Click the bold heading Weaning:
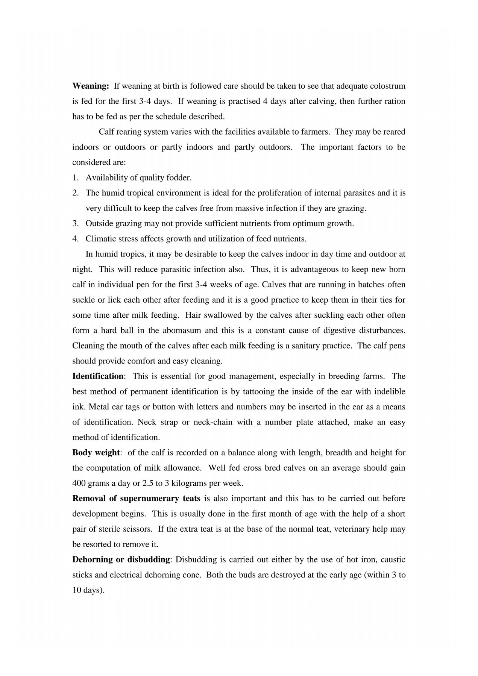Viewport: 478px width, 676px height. (90, 86)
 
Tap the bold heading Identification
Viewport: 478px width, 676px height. (97, 376)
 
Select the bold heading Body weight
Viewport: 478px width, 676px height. (96, 453)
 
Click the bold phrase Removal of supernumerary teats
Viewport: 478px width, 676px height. (136, 499)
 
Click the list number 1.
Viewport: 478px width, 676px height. (75, 178)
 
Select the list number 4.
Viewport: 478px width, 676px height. (75, 239)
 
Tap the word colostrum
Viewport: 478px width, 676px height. (388, 86)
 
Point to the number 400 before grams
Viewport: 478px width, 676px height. (79, 483)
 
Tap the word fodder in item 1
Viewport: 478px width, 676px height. (179, 178)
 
